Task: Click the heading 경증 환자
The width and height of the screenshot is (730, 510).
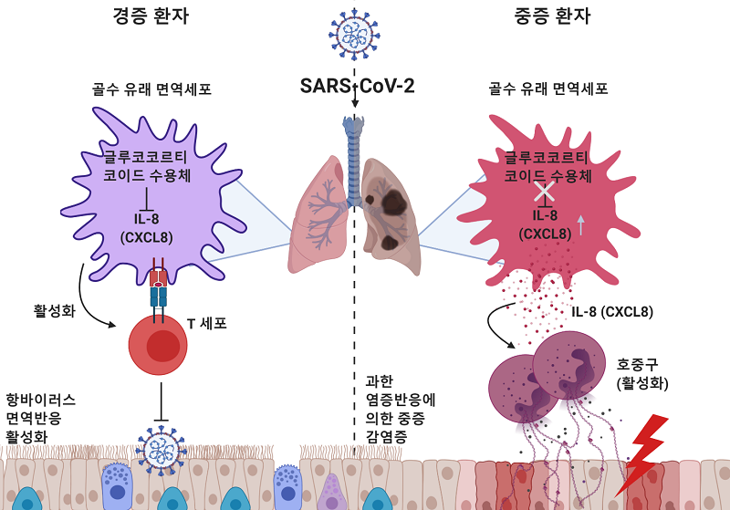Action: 151,16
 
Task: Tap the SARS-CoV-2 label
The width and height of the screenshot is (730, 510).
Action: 357,87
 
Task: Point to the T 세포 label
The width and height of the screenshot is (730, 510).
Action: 206,323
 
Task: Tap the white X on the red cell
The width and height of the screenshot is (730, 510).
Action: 546,191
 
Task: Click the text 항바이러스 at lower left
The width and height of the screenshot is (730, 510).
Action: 40,400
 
